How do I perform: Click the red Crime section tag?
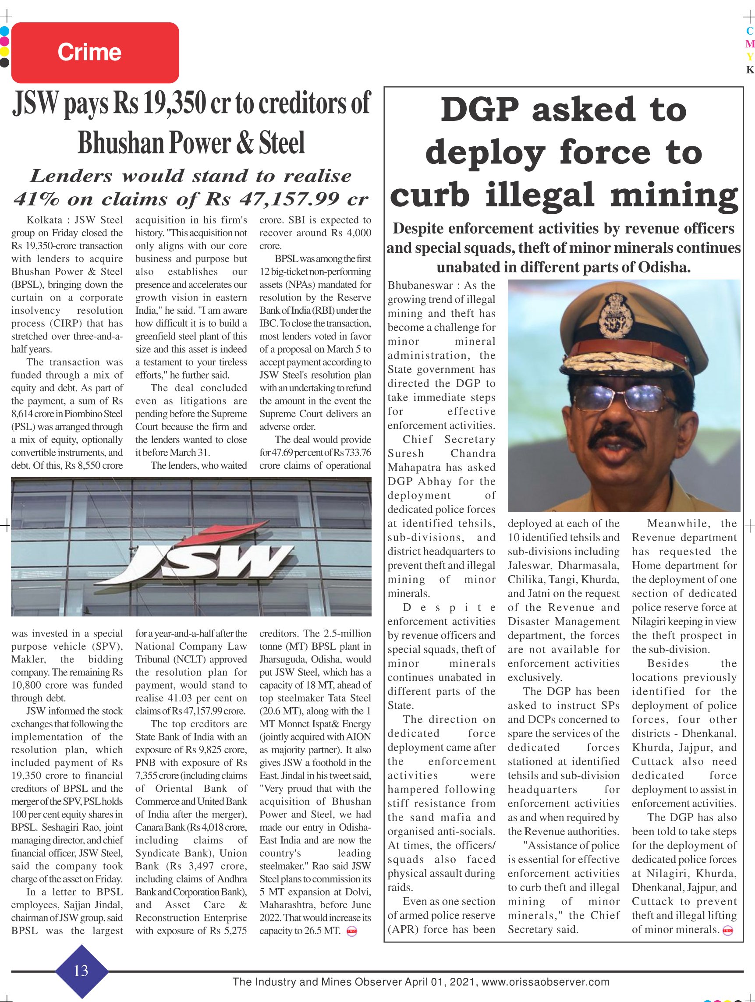[95, 53]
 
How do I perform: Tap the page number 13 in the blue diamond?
[81, 971]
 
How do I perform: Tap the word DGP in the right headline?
[480, 110]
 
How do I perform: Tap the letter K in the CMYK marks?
[750, 70]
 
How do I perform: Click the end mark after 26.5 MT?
[351, 931]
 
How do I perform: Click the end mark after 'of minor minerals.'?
[728, 930]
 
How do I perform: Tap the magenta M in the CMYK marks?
[750, 44]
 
